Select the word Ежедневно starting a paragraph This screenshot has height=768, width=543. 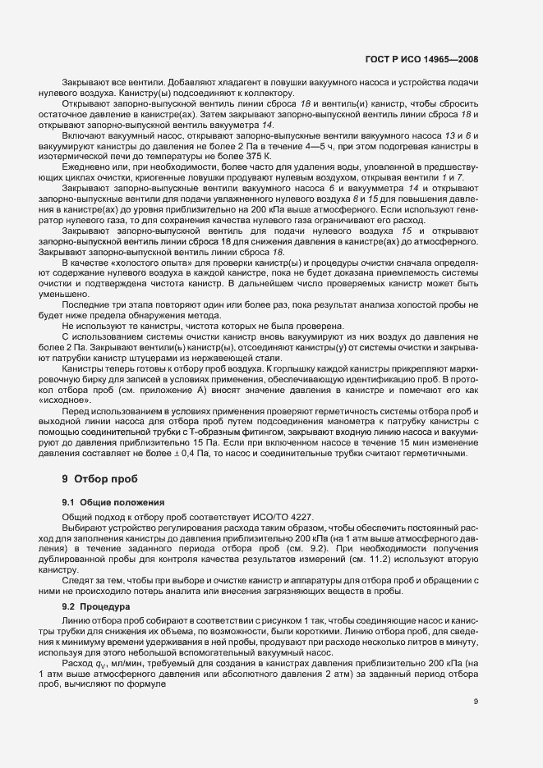click(x=86, y=168)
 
